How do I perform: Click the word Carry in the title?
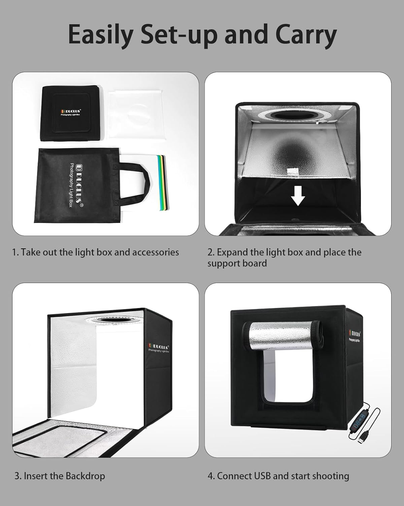(306, 34)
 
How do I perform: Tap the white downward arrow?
(298, 196)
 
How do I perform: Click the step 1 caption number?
(15, 252)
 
